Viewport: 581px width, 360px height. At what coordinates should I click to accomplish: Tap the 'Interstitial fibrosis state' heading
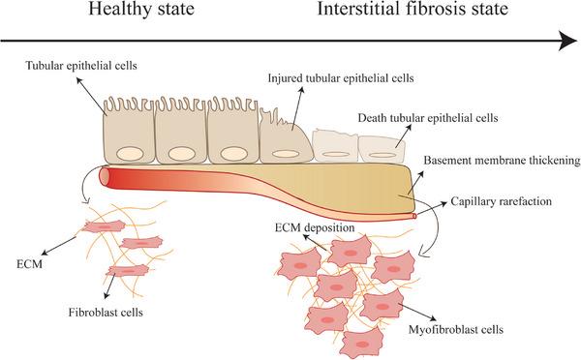[x=410, y=14]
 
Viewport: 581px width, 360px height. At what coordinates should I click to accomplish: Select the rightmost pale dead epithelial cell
[x=381, y=148]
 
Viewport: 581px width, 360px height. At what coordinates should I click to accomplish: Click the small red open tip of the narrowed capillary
[x=415, y=217]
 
